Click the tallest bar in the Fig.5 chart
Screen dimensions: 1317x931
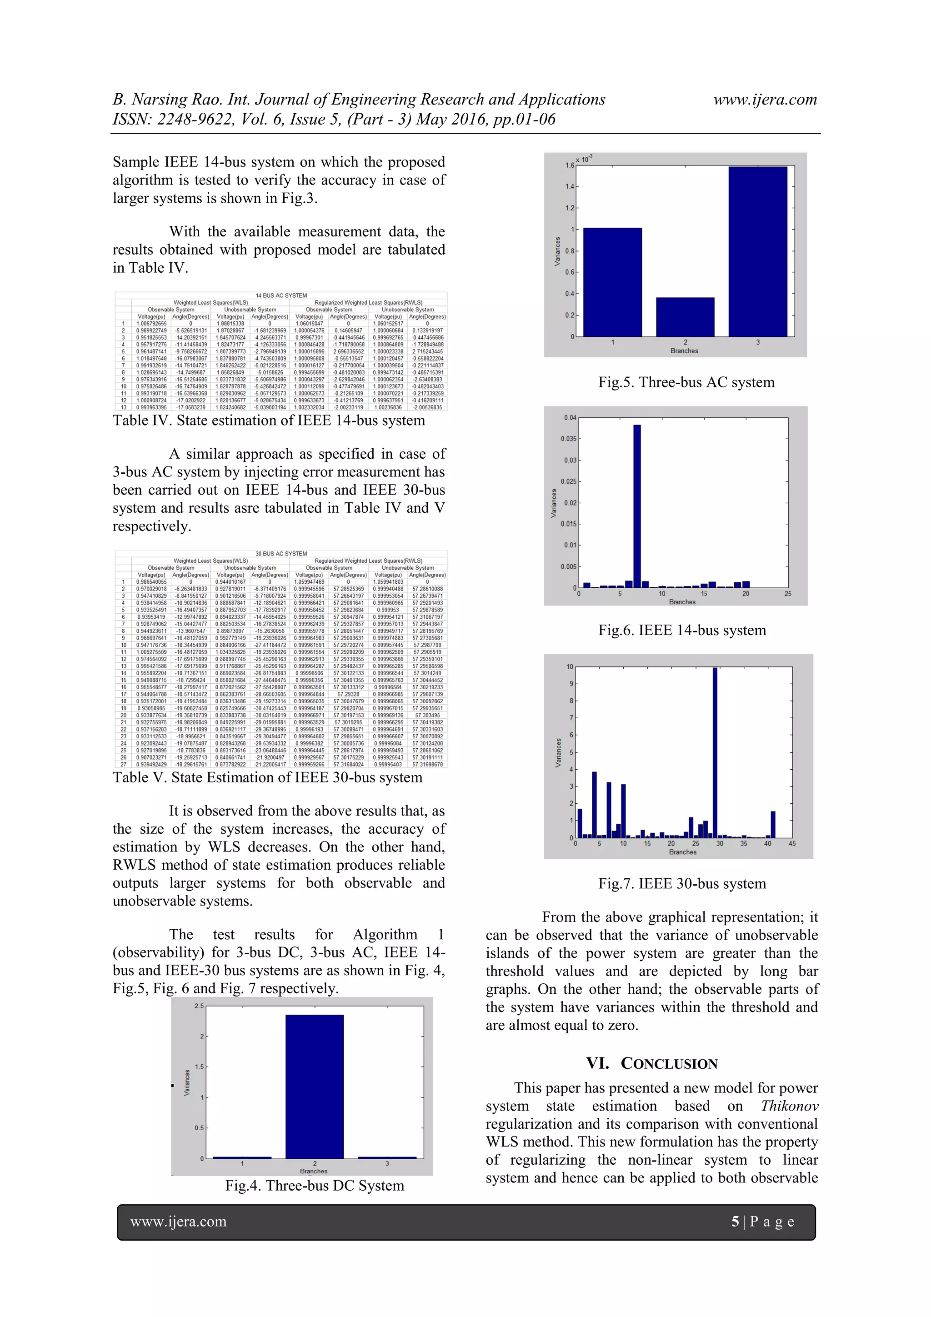click(x=757, y=252)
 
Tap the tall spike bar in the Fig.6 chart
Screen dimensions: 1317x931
click(x=637, y=505)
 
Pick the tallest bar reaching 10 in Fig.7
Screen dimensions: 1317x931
click(x=715, y=751)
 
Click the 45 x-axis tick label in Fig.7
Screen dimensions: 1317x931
click(x=791, y=844)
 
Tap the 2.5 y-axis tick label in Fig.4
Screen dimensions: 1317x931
click(x=199, y=1006)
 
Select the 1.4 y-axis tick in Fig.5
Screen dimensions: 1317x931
click(x=569, y=186)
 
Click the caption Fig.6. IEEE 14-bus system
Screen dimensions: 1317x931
click(x=681, y=631)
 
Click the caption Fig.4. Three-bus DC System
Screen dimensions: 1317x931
click(x=314, y=1186)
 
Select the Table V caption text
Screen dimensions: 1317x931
click(x=267, y=777)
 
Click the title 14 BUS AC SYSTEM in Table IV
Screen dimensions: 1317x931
click(x=281, y=295)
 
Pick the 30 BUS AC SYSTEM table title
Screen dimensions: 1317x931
click(x=281, y=554)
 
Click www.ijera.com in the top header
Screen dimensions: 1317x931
click(x=765, y=99)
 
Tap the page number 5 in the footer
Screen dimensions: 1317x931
click(x=735, y=1222)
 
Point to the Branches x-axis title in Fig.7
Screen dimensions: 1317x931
click(x=683, y=852)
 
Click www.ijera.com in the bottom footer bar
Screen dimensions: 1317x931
click(x=178, y=1222)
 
